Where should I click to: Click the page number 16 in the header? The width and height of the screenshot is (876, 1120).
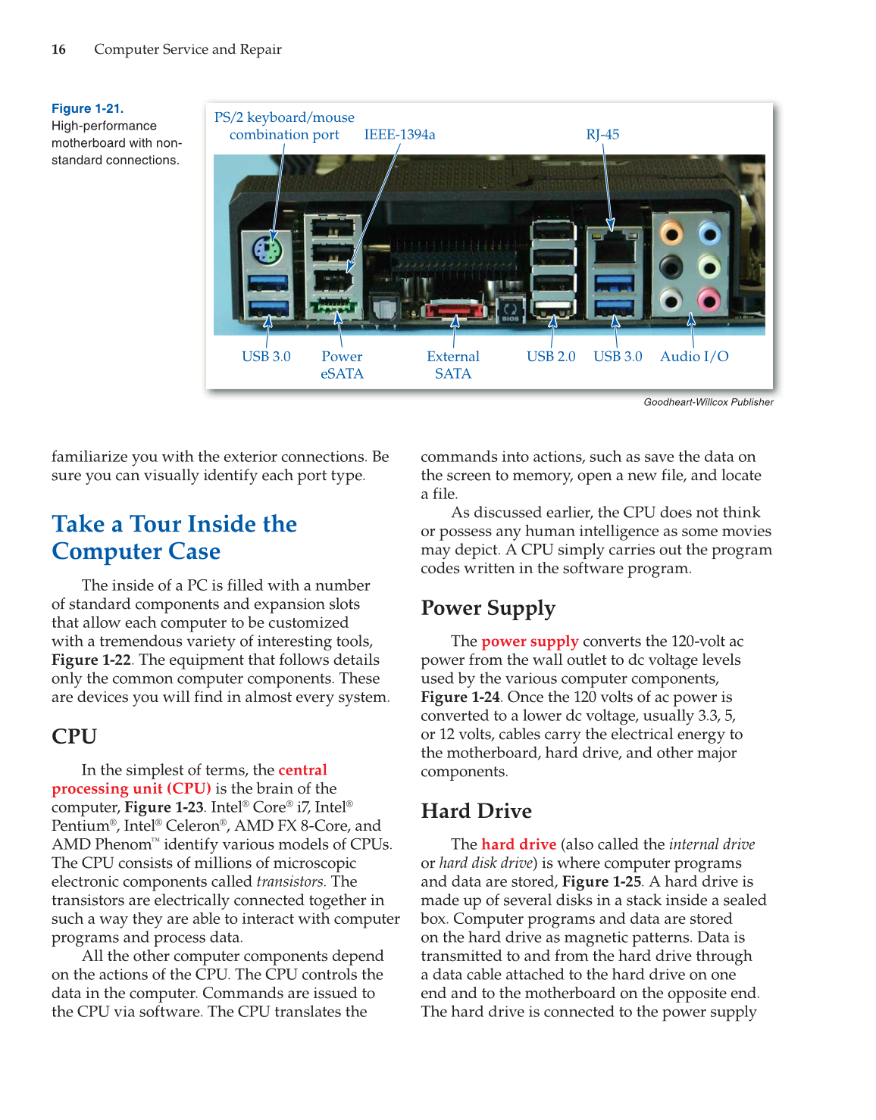click(58, 49)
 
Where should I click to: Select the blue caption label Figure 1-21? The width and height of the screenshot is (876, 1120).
click(87, 108)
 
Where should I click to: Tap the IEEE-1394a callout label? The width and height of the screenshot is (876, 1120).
click(399, 134)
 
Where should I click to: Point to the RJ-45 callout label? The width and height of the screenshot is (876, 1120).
click(602, 134)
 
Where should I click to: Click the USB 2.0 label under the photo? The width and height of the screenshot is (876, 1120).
click(551, 356)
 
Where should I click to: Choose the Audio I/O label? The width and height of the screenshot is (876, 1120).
click(694, 356)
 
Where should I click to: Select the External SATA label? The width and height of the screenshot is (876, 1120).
click(452, 364)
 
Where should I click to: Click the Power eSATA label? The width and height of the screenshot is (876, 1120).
click(342, 364)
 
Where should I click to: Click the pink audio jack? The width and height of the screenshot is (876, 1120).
click(709, 300)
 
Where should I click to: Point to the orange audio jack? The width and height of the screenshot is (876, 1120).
click(671, 232)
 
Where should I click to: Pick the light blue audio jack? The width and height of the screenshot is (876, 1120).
click(709, 232)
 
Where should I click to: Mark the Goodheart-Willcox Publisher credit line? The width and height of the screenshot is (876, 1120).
click(709, 402)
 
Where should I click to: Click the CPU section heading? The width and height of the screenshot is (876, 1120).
click(74, 736)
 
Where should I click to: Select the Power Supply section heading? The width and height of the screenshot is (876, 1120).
click(488, 608)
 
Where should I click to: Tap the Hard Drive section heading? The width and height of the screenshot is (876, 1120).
click(476, 811)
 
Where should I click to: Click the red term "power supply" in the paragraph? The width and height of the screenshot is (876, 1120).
click(530, 641)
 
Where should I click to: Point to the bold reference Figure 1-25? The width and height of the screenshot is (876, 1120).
click(602, 881)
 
